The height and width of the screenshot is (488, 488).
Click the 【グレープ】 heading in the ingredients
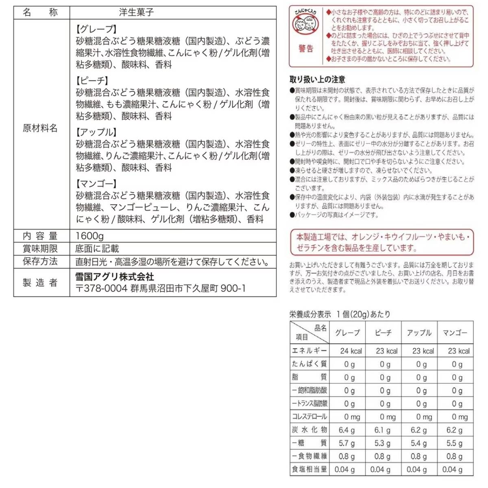[96, 29]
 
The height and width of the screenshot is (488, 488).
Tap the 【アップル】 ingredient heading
[96, 132]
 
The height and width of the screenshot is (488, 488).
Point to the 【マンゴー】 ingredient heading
[96, 184]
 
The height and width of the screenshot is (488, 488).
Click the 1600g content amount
[90, 236]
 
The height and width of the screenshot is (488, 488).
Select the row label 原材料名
[40, 129]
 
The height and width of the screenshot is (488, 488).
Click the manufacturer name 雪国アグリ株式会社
[115, 277]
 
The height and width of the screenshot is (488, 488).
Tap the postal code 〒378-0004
[101, 288]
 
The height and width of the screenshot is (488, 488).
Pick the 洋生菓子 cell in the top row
[136, 12]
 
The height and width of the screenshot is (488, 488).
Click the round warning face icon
[305, 24]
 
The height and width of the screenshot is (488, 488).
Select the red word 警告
[306, 49]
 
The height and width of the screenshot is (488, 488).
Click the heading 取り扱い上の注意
[317, 79]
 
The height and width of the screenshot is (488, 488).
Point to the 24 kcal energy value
[351, 351]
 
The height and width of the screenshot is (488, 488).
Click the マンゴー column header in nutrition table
[455, 333]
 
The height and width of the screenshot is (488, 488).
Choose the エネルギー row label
[309, 351]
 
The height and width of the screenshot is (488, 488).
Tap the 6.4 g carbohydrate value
[346, 430]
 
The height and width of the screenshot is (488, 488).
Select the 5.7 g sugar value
[346, 443]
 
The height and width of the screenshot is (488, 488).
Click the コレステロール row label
[309, 417]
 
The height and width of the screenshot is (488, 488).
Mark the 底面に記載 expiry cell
[97, 248]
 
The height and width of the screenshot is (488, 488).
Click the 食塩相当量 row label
[309, 469]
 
